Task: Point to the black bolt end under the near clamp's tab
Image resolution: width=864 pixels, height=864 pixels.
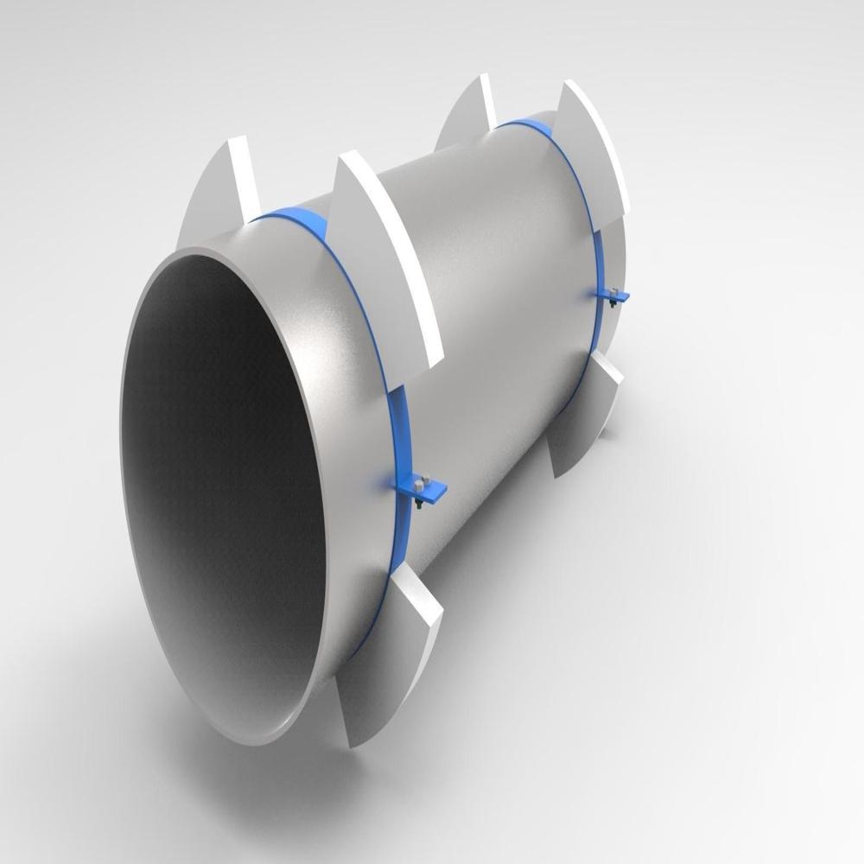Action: (x=418, y=505)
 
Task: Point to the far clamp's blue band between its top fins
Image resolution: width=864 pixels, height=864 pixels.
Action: (x=527, y=130)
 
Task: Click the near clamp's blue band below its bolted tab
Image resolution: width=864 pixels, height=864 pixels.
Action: (x=393, y=553)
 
